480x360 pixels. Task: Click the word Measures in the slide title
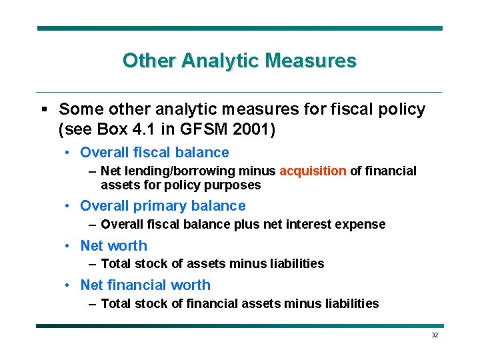311,61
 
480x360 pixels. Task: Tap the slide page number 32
435,335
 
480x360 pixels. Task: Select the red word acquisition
313,171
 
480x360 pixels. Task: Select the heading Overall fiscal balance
154,153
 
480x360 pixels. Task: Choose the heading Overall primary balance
163,206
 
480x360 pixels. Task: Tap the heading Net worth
113,246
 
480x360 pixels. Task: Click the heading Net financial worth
145,285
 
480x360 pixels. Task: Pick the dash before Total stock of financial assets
93,304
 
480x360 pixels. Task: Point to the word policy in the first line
399,109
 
